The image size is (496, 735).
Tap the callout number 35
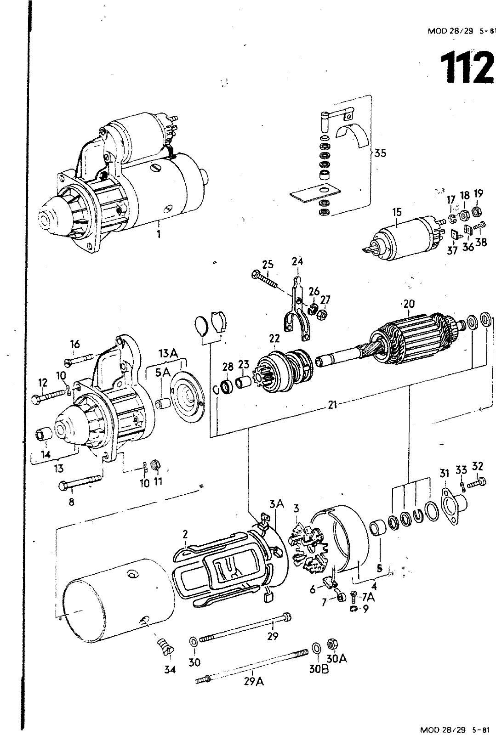point(380,153)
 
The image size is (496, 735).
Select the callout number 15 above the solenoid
point(397,212)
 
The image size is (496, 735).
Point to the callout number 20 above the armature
point(409,304)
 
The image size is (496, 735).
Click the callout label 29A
point(254,682)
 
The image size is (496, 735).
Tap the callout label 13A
point(168,353)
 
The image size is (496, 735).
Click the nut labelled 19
point(475,212)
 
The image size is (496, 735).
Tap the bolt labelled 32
point(476,483)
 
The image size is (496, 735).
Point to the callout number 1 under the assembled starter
point(159,235)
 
